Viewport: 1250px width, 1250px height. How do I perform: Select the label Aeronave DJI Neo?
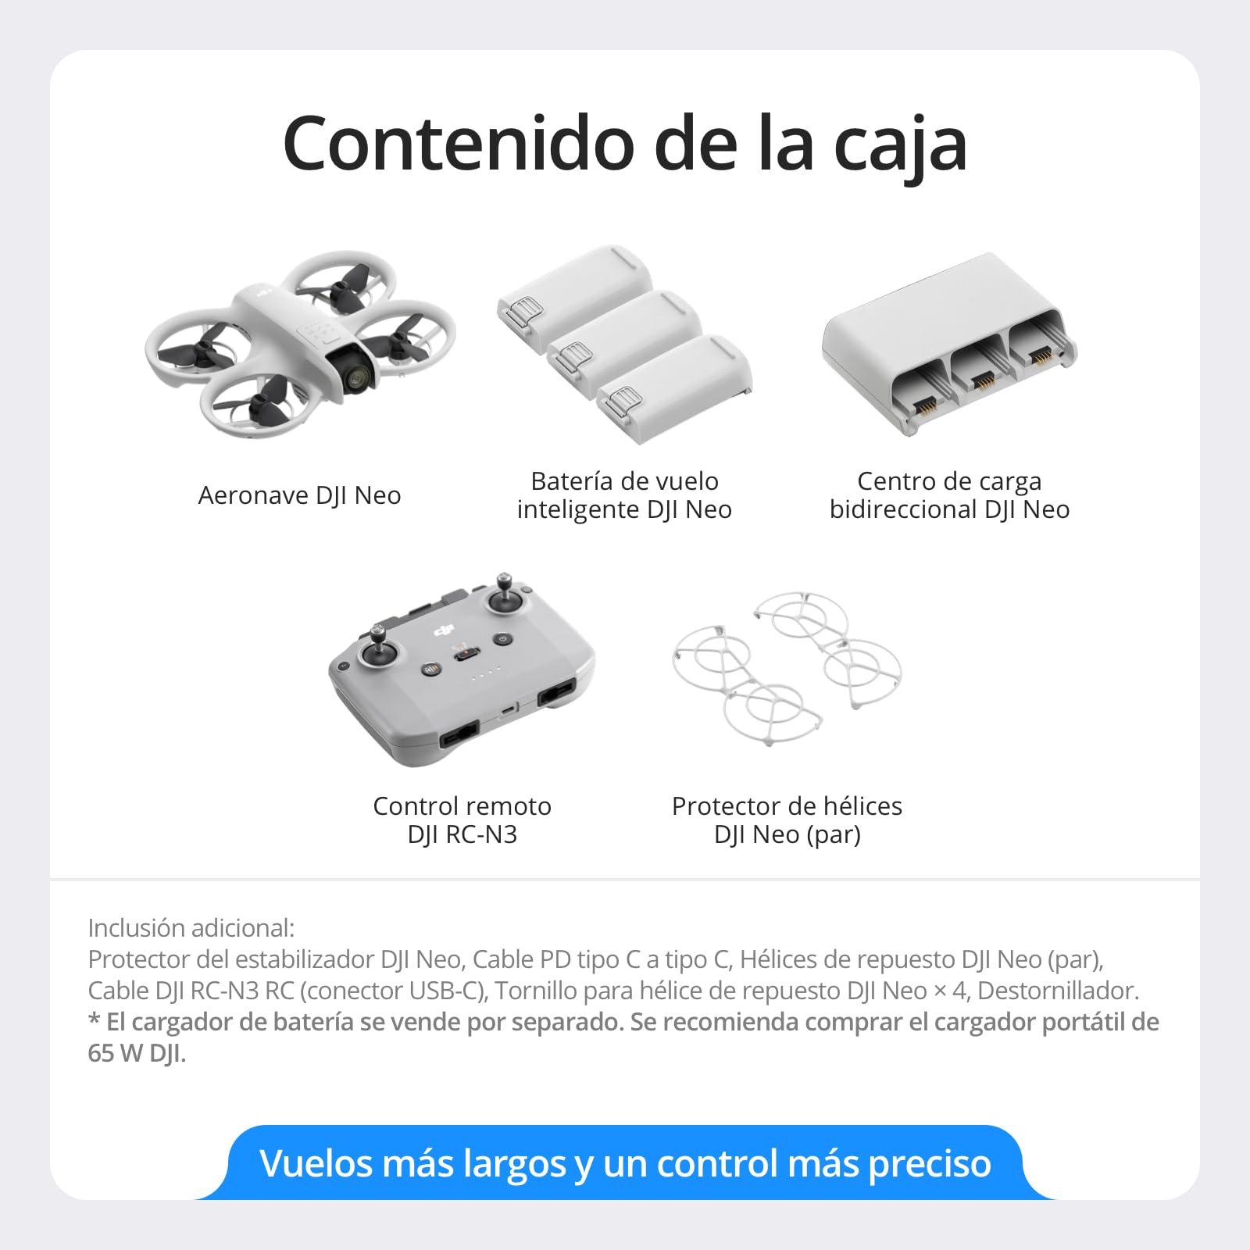coord(299,495)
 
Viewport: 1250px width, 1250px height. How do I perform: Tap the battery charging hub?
coord(948,344)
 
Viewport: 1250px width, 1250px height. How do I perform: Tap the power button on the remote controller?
coord(503,639)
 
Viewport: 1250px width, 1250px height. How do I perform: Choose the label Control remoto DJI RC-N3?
coord(462,820)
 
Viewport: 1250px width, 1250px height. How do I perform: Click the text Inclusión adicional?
coord(191,928)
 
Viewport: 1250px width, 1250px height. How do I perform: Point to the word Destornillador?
coord(1058,991)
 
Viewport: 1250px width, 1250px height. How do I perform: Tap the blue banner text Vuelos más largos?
coord(412,1163)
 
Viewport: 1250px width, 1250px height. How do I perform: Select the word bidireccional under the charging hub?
coord(903,509)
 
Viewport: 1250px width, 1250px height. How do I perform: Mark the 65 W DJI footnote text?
coord(137,1053)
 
